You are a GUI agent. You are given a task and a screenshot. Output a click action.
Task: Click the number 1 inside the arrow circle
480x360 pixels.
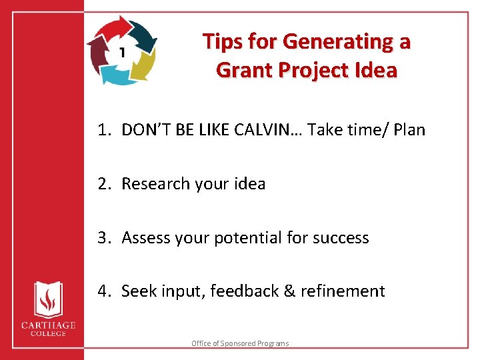[x=123, y=51]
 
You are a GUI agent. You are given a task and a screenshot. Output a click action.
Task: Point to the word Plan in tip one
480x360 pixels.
[x=409, y=129]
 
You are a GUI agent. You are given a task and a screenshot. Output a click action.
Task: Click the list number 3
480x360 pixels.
[x=103, y=237]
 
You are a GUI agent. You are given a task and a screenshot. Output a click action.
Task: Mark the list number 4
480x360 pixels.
[x=103, y=291]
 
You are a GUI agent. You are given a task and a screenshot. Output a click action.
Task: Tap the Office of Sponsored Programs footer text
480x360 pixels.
[x=240, y=343]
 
